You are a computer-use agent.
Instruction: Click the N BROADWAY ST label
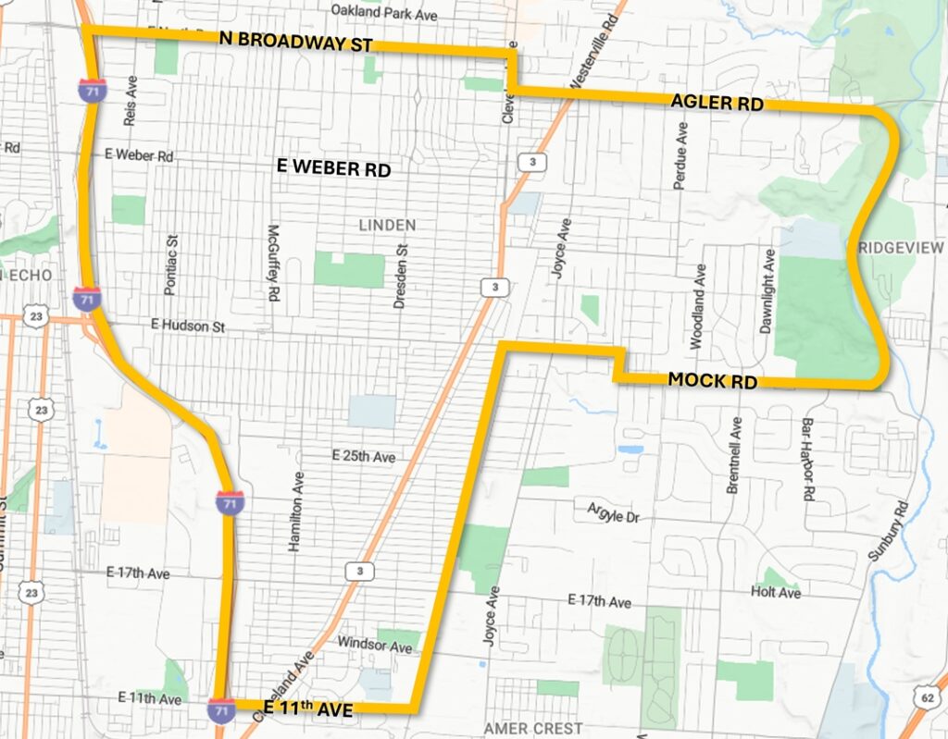296,43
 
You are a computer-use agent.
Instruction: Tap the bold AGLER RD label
717,104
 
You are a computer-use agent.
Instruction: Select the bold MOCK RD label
712,380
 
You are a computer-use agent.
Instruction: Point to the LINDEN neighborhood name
387,225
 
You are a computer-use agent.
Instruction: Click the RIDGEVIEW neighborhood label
900,248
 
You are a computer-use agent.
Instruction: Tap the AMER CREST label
533,729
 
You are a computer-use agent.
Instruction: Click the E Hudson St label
189,325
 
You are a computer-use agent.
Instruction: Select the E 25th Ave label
364,456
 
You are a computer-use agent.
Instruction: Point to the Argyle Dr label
614,512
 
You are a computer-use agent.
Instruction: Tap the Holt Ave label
776,593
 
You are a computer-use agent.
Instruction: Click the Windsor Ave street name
375,646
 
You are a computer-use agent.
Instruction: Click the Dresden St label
401,276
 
